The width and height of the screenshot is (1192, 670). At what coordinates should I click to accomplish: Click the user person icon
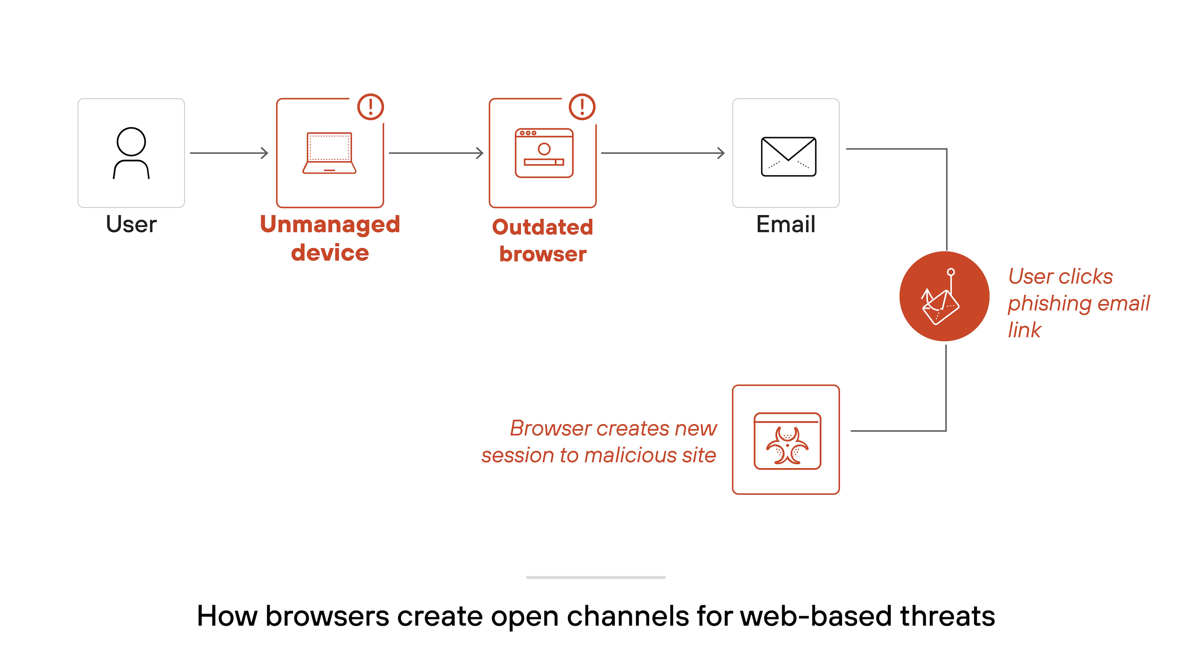coord(131,153)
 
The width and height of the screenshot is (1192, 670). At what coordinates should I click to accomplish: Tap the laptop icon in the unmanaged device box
coord(329,153)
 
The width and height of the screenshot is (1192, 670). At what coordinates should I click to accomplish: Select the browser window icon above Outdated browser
coord(544,153)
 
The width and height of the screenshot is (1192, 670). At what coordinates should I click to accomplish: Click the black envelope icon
coord(788,156)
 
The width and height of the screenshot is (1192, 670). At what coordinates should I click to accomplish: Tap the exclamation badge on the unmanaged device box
coord(371,107)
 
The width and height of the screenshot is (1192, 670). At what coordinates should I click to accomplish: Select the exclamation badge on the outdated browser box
coord(582,107)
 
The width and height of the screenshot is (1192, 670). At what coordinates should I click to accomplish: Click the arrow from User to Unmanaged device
coord(229,153)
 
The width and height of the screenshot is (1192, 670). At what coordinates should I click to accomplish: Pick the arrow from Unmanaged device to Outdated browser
coord(436,153)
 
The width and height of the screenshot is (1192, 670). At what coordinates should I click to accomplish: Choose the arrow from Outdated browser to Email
coord(663,153)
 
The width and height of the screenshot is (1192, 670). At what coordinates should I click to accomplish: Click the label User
coord(131,224)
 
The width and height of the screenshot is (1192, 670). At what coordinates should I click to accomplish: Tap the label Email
coord(786,224)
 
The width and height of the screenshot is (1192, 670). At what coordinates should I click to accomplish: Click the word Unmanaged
coord(330,225)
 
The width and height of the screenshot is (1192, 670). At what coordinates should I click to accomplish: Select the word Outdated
coord(542,227)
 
